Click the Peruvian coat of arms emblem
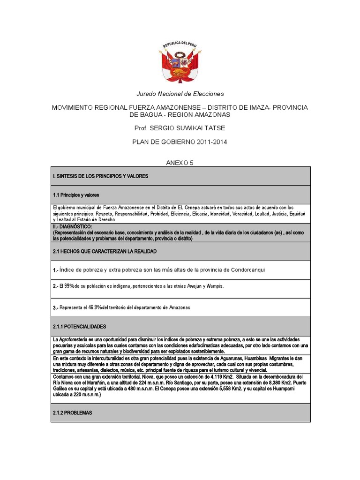point(180,61)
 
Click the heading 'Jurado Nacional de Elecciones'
point(180,94)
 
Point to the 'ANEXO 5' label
point(180,163)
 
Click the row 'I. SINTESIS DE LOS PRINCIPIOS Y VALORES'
point(101,176)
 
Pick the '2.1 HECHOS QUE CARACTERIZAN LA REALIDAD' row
point(105,251)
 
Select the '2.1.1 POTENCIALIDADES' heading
point(80,326)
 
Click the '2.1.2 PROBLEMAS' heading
point(73,412)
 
